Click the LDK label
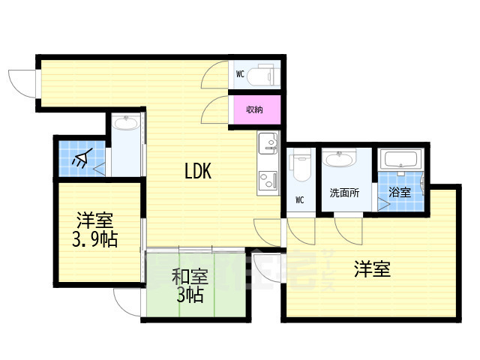[199, 171]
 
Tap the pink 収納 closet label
[254, 110]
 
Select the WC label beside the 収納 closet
[240, 73]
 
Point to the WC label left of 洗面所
[299, 200]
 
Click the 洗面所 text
[345, 192]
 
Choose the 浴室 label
[400, 192]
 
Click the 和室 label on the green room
[189, 277]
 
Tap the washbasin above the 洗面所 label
[343, 160]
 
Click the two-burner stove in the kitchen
[267, 181]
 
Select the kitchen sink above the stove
[268, 142]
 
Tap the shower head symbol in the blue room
[82, 157]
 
